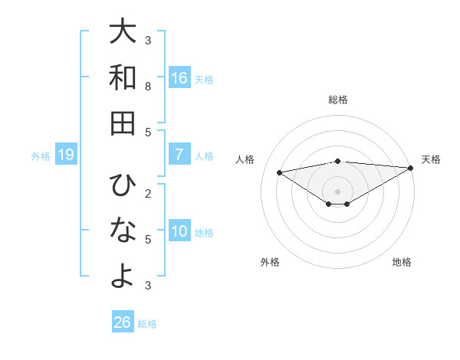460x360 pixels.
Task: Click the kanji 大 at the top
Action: pos(123,32)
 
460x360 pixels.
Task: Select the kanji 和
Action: pos(123,77)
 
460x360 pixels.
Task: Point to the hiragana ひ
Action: pos(123,185)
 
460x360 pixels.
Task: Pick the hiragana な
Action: pos(123,231)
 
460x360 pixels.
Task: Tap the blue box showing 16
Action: pos(179,78)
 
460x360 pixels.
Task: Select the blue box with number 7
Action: pos(179,155)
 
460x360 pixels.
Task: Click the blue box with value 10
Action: pos(179,231)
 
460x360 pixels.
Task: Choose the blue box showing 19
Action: pos(66,155)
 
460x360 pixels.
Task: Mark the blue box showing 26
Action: pos(122,322)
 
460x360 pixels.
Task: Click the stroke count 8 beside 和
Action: pos(148,87)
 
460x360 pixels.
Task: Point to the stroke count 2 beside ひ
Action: pos(148,193)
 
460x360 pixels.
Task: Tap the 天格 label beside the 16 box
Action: pos(204,80)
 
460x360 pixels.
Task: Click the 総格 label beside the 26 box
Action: pos(147,324)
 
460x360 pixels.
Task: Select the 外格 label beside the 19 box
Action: pos(41,156)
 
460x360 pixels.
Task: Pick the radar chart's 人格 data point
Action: pos(279,172)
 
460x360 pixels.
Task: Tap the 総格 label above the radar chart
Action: pos(337,100)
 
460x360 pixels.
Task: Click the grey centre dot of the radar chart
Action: pos(337,191)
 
